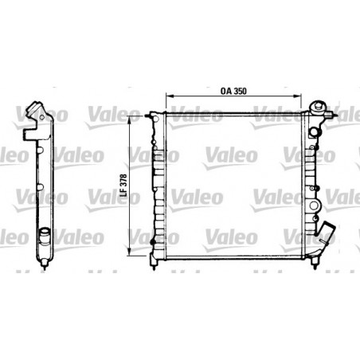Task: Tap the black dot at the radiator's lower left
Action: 154,239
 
